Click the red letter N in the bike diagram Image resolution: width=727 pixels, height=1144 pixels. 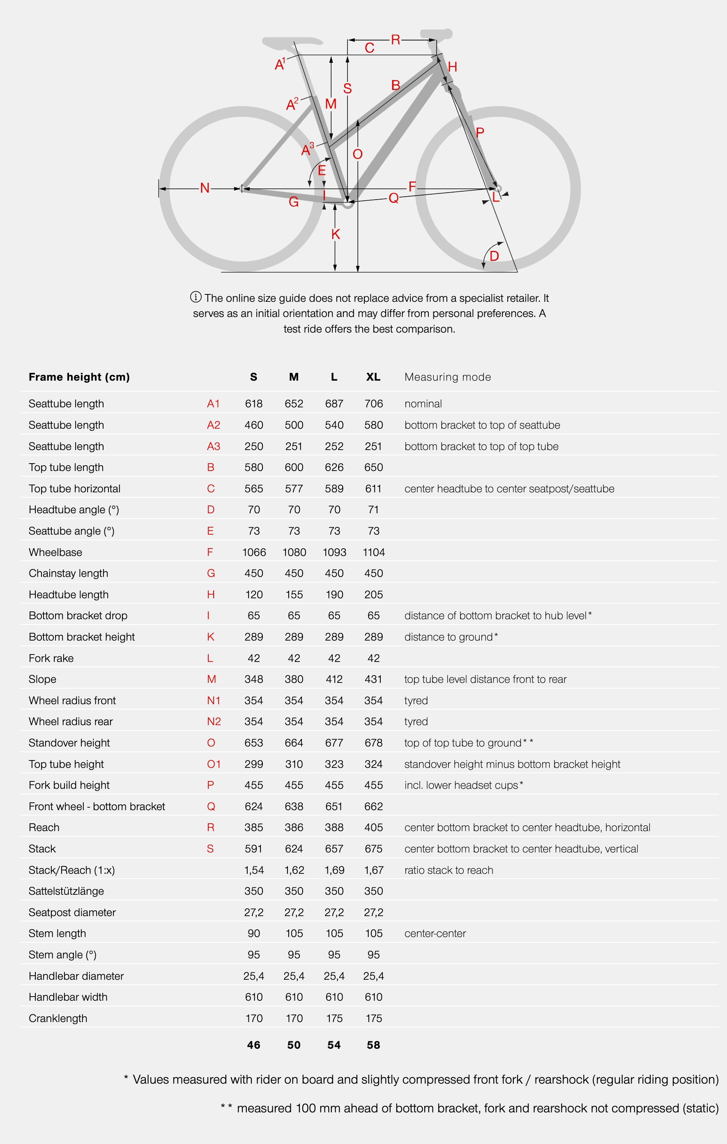point(205,188)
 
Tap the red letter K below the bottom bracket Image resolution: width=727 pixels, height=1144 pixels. point(336,234)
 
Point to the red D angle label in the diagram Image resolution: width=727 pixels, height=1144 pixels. point(494,256)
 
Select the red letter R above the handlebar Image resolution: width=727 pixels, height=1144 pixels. point(396,39)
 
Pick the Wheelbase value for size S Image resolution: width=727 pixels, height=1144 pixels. point(254,552)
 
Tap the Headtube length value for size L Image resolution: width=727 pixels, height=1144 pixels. point(334,594)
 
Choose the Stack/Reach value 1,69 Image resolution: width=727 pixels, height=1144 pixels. point(334,870)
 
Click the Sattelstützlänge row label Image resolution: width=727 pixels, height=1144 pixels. point(66,891)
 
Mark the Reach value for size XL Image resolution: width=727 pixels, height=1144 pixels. point(373,827)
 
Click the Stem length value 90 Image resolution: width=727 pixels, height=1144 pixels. point(254,933)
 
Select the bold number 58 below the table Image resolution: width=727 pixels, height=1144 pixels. point(373,1045)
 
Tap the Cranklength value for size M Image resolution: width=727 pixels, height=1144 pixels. point(294,1018)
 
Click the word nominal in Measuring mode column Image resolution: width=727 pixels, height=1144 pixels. point(423,403)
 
